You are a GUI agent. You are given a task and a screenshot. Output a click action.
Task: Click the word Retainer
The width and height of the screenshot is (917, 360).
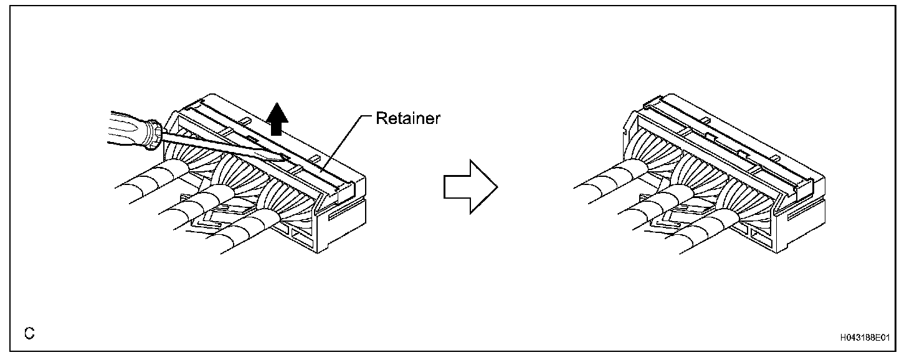tap(408, 118)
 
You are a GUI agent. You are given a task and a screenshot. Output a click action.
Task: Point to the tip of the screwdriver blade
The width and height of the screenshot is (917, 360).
tap(288, 161)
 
